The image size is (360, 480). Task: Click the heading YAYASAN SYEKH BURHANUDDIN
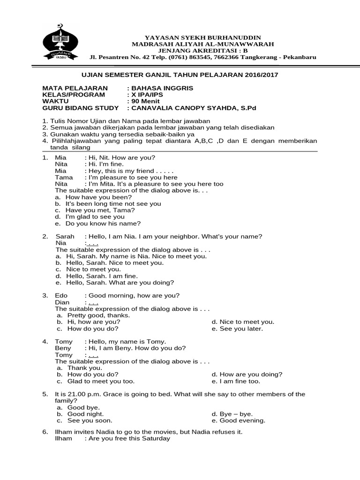click(203, 37)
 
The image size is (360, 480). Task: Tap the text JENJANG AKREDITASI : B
click(203, 51)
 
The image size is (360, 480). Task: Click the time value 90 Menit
click(145, 101)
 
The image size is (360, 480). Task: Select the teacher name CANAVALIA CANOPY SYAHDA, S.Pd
click(194, 108)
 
